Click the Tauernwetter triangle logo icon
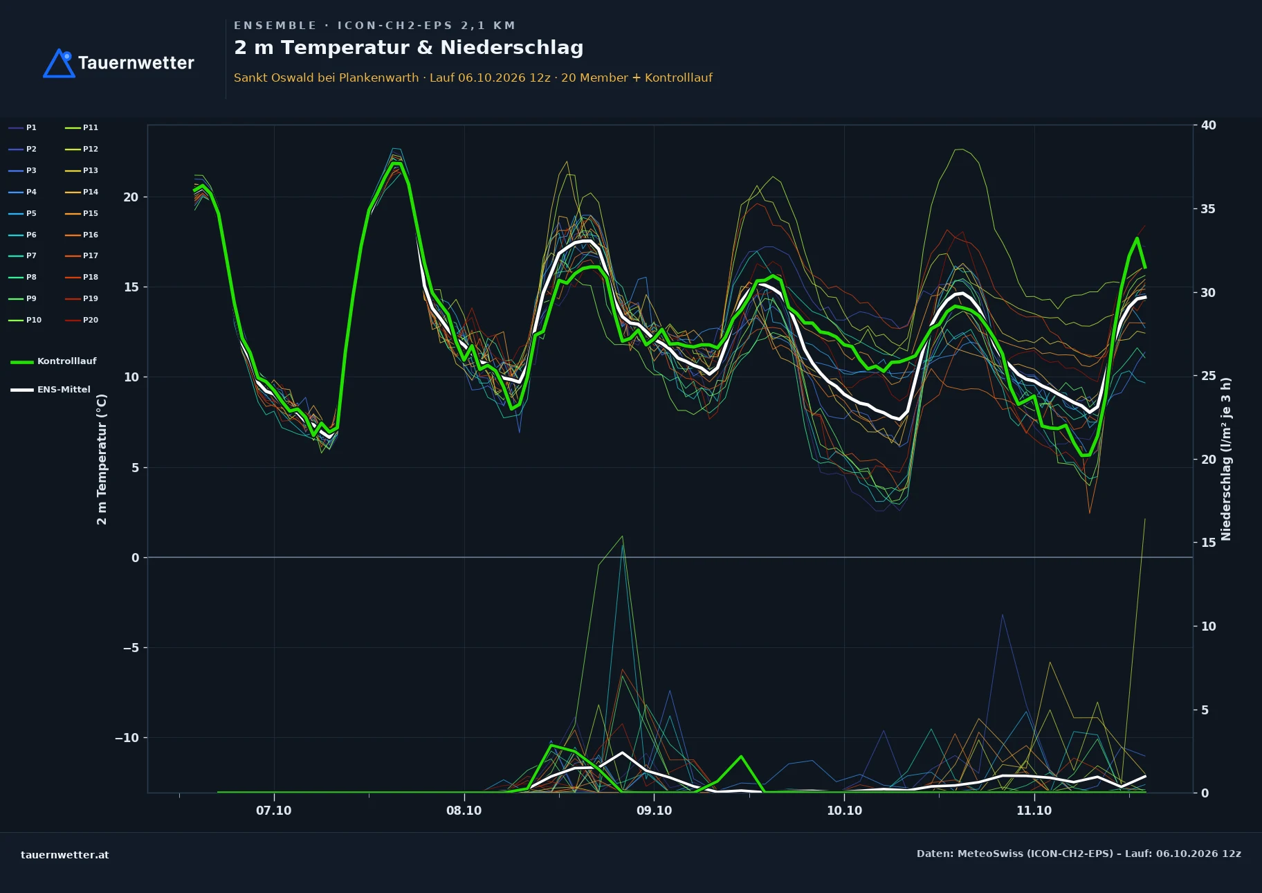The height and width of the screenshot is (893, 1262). click(59, 63)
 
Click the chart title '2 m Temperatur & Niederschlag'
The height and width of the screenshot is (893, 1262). click(408, 48)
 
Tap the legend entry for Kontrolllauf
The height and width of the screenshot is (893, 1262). click(53, 361)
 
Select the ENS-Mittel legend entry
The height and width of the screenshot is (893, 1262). click(51, 390)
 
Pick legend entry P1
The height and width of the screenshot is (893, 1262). click(22, 127)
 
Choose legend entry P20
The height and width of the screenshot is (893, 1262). click(82, 320)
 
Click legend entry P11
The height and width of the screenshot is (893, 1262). click(82, 127)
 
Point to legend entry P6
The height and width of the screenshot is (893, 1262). click(22, 235)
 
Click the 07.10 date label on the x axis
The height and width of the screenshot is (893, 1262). click(274, 811)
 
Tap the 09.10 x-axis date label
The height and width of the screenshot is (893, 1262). click(654, 811)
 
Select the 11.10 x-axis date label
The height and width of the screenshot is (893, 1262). click(1034, 811)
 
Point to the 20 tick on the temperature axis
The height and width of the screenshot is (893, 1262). click(131, 197)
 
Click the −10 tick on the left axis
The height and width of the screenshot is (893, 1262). click(127, 738)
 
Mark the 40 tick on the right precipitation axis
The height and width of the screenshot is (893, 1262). click(1209, 125)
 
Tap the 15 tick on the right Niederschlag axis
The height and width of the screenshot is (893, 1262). click(1209, 543)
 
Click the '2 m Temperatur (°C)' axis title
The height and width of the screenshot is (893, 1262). click(102, 459)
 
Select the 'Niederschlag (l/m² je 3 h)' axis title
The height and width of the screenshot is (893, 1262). click(1226, 459)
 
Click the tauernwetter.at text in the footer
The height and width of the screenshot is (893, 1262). click(65, 855)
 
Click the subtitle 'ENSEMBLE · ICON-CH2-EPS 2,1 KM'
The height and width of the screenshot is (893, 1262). click(374, 26)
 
